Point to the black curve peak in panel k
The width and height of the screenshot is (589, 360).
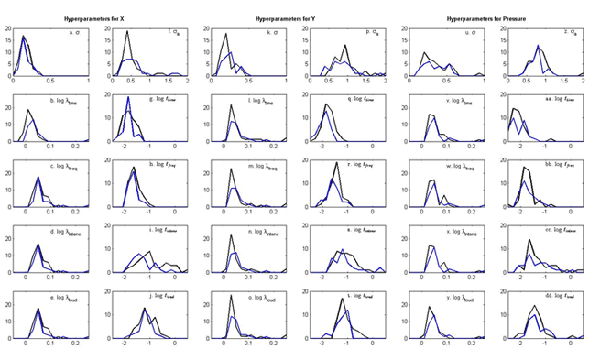click(x=226, y=34)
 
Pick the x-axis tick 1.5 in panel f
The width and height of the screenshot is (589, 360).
click(x=159, y=82)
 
